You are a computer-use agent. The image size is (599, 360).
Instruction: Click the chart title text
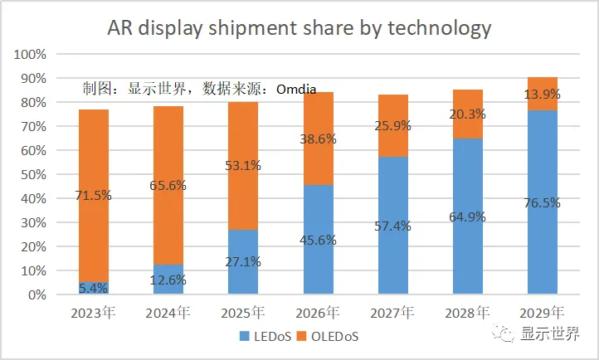click(299, 28)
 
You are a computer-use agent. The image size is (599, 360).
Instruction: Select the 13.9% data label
click(543, 95)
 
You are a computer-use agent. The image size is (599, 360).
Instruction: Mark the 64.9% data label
click(468, 217)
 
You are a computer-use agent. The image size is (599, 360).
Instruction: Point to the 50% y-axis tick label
click(33, 175)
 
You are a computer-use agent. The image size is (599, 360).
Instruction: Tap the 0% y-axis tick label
click(37, 295)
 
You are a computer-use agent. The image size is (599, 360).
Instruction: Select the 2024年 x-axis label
click(169, 314)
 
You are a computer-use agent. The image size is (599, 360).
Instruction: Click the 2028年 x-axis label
click(468, 314)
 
